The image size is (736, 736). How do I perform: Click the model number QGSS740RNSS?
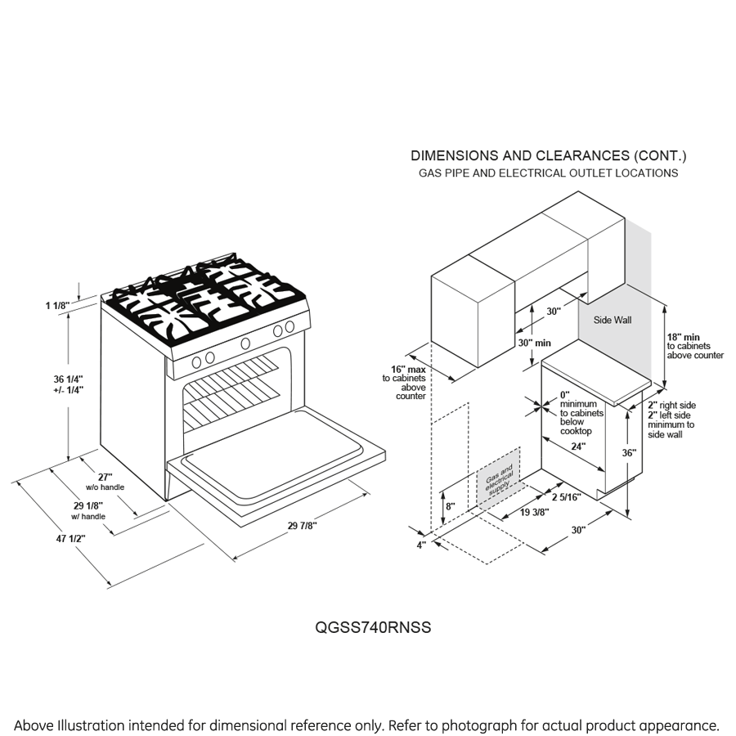pos(373,628)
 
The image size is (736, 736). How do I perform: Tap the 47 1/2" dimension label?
pos(70,538)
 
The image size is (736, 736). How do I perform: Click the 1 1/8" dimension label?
pos(58,306)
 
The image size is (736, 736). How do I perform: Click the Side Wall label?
pos(612,320)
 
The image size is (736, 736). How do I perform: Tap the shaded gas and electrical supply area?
pos(499,477)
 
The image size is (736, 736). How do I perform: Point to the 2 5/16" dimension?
pos(566,496)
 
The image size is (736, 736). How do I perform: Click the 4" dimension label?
pos(422,545)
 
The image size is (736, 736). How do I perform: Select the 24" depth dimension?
pos(579,447)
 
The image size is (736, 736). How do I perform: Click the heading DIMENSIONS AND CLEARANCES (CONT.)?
pos(548,155)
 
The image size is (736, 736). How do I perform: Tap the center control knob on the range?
pos(245,343)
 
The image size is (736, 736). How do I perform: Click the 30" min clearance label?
pos(532,343)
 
